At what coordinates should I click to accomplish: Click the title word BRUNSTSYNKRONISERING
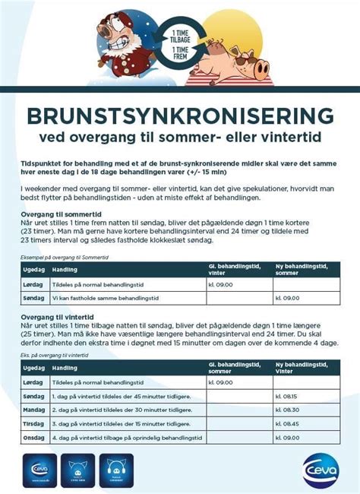click(x=179, y=116)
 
